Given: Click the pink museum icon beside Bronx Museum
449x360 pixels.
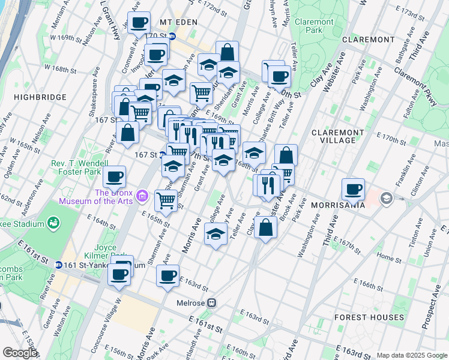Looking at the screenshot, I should pyautogui.click(x=142, y=196).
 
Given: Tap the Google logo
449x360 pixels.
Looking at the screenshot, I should pyautogui.click(x=20, y=353).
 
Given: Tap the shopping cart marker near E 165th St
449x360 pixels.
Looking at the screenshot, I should pyautogui.click(x=165, y=200).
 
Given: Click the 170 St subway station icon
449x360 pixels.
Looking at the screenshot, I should pyautogui.click(x=172, y=36).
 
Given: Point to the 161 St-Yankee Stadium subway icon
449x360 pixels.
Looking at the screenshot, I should pyautogui.click(x=59, y=265).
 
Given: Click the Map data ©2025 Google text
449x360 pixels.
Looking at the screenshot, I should pyautogui.click(x=411, y=355).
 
